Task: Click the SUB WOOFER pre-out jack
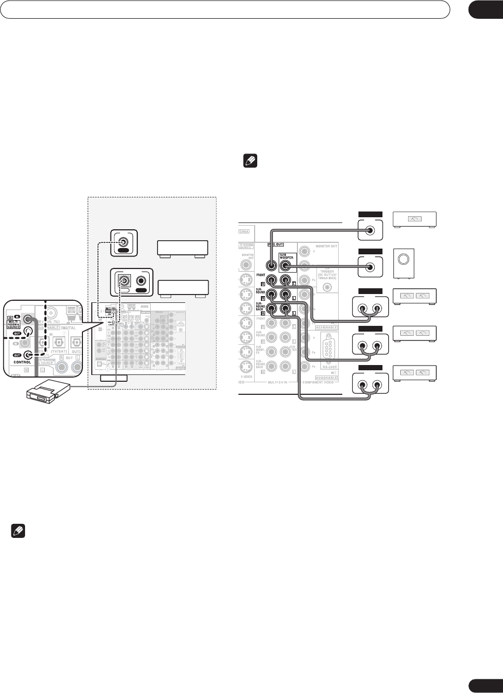[x=285, y=265]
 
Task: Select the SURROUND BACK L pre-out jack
[x=285, y=309]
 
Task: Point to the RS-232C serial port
[x=328, y=348]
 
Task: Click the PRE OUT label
[x=276, y=244]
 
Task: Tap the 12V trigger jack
[x=327, y=287]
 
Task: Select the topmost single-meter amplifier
[x=414, y=219]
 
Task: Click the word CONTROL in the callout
[x=22, y=362]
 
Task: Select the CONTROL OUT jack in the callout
[x=28, y=355]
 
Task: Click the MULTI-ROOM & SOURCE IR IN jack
[x=28, y=319]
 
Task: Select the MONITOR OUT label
[x=326, y=246]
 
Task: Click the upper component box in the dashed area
[x=183, y=248]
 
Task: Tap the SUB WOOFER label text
[x=286, y=256]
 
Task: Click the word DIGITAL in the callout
[x=68, y=328]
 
